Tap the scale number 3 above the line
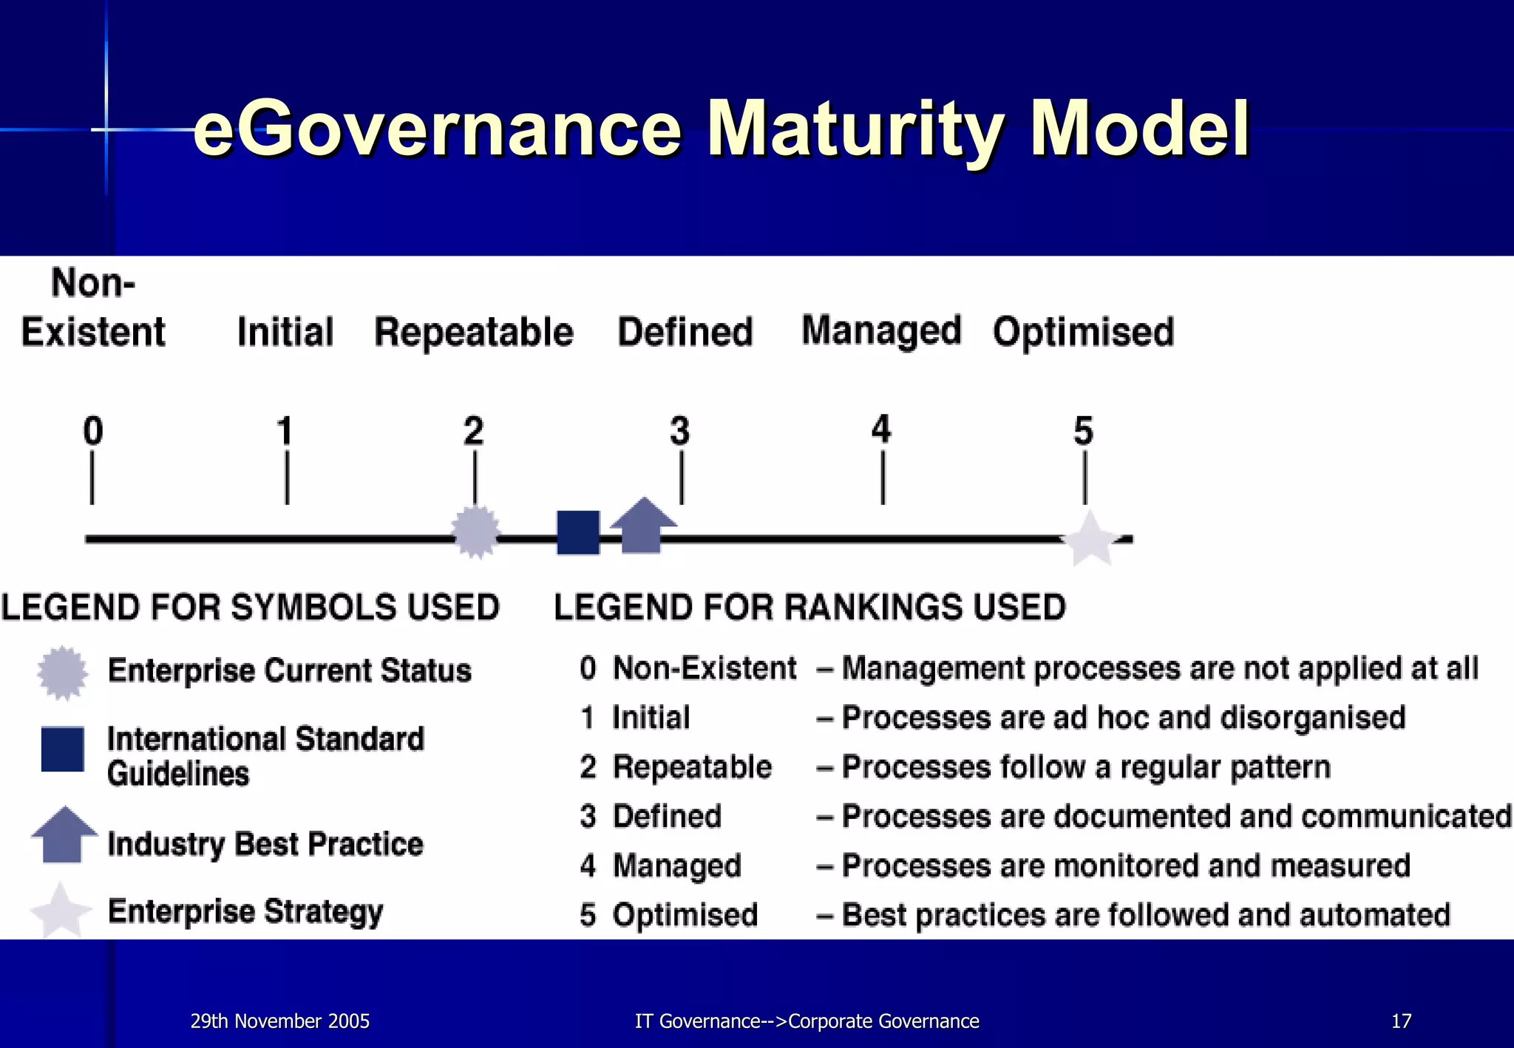point(679,430)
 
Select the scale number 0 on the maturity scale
point(92,430)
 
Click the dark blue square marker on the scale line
point(578,532)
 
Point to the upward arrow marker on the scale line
point(642,525)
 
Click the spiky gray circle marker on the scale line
point(475,531)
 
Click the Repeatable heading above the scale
point(474,332)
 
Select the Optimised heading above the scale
point(1083,332)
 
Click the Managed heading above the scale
point(881,330)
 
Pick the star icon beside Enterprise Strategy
point(61,911)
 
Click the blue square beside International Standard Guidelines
point(62,749)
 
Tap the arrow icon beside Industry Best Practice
point(64,834)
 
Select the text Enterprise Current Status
point(289,670)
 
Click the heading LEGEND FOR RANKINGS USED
point(809,608)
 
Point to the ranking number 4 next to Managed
point(588,865)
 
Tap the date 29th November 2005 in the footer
point(279,1021)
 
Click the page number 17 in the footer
point(1401,1021)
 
